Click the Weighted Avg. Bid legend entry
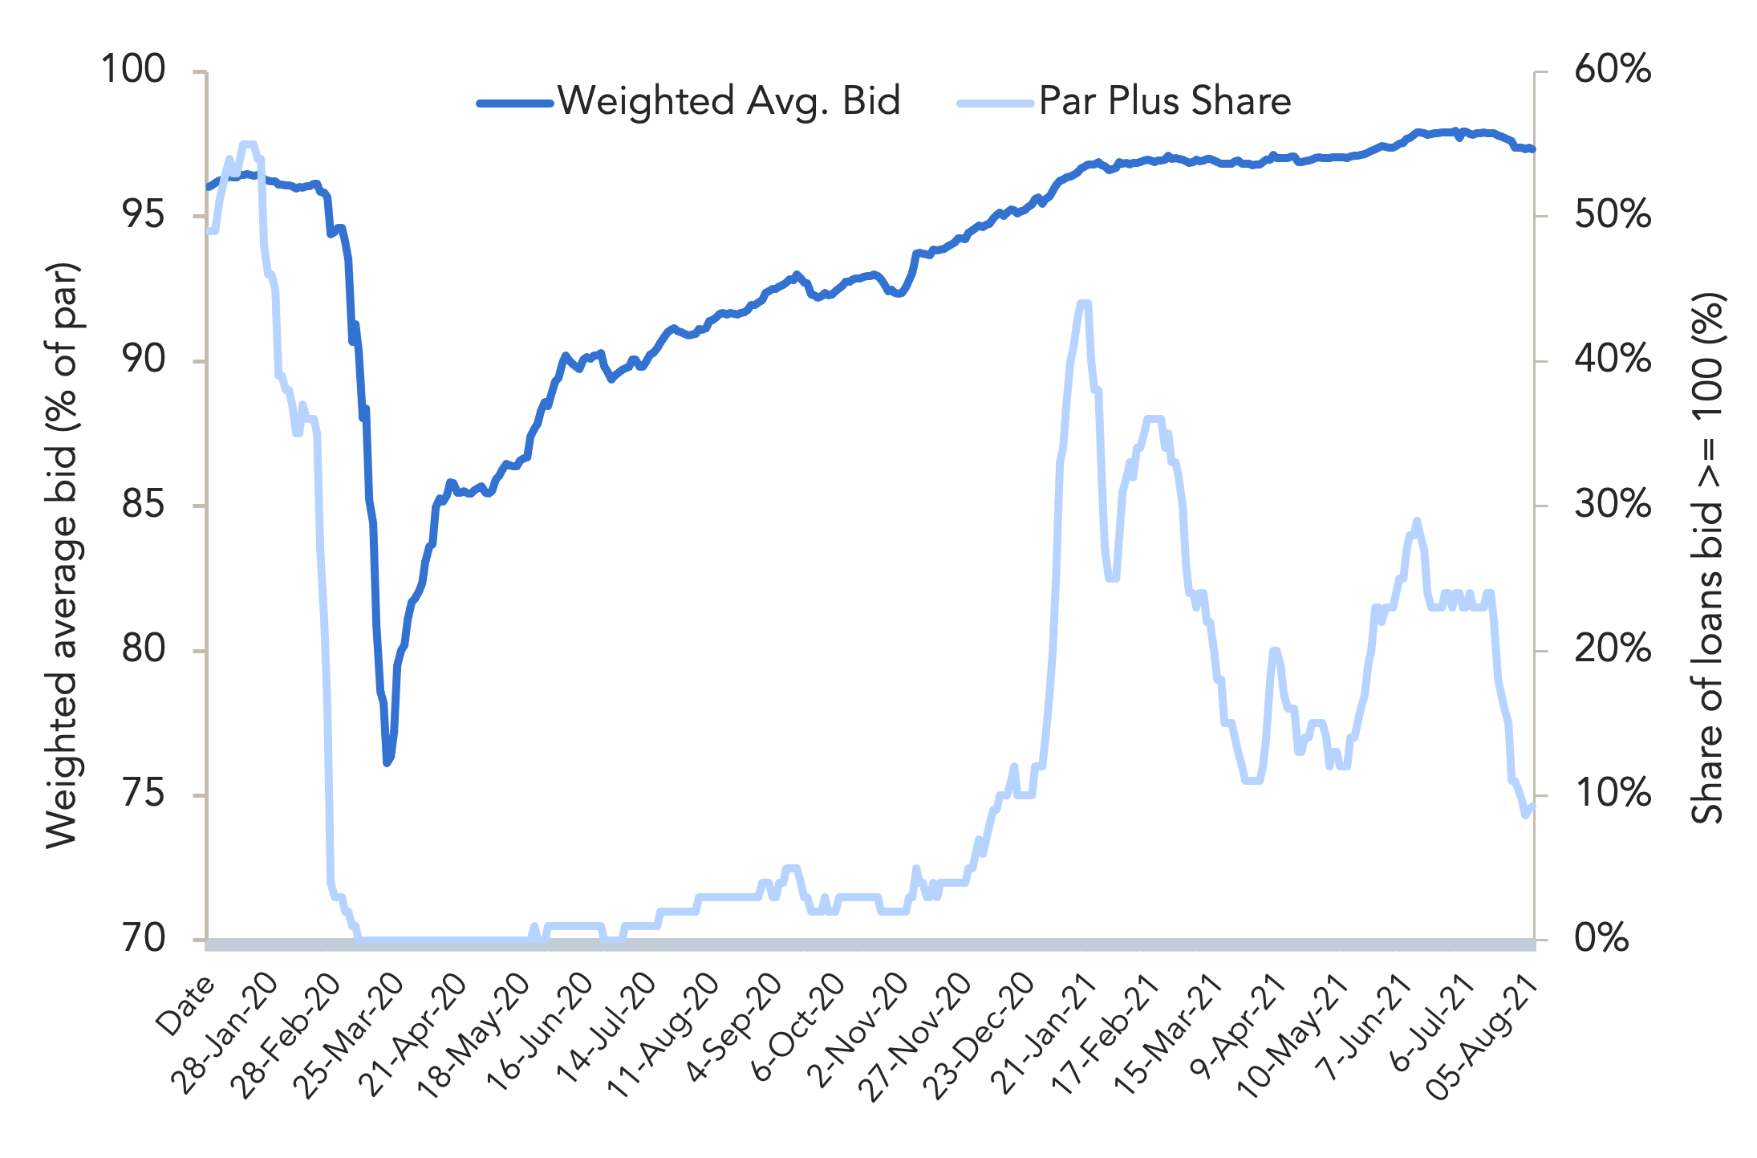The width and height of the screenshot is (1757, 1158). coord(689,102)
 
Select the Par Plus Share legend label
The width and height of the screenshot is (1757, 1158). coord(1165,102)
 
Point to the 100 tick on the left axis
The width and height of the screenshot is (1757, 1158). coord(133,70)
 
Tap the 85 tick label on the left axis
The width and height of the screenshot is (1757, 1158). coord(144,505)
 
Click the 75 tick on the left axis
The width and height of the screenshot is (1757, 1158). coord(144,794)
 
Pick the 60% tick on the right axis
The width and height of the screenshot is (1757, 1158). coord(1613,70)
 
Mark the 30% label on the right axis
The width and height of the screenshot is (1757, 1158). coord(1613,505)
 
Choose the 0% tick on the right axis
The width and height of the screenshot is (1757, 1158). coord(1601,938)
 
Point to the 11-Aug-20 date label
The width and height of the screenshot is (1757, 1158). coord(663,1035)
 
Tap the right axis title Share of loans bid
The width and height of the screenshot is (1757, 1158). coord(1708,559)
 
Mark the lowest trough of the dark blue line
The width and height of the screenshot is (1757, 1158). coord(387,762)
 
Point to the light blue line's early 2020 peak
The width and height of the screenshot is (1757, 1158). coord(248,144)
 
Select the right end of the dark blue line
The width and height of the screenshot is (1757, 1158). coord(1533,149)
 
